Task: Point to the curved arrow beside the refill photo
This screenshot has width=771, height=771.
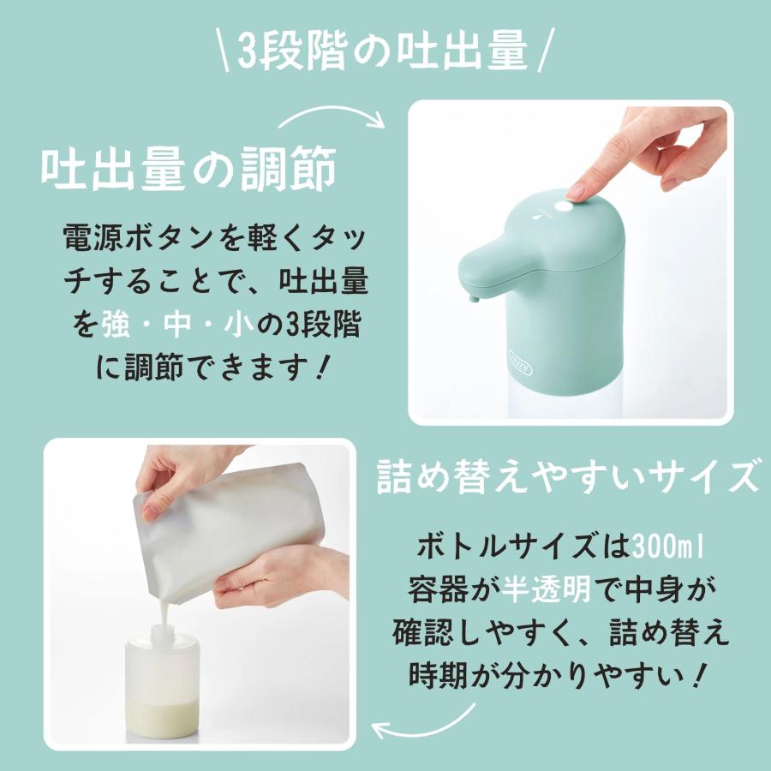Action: point(425,722)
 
